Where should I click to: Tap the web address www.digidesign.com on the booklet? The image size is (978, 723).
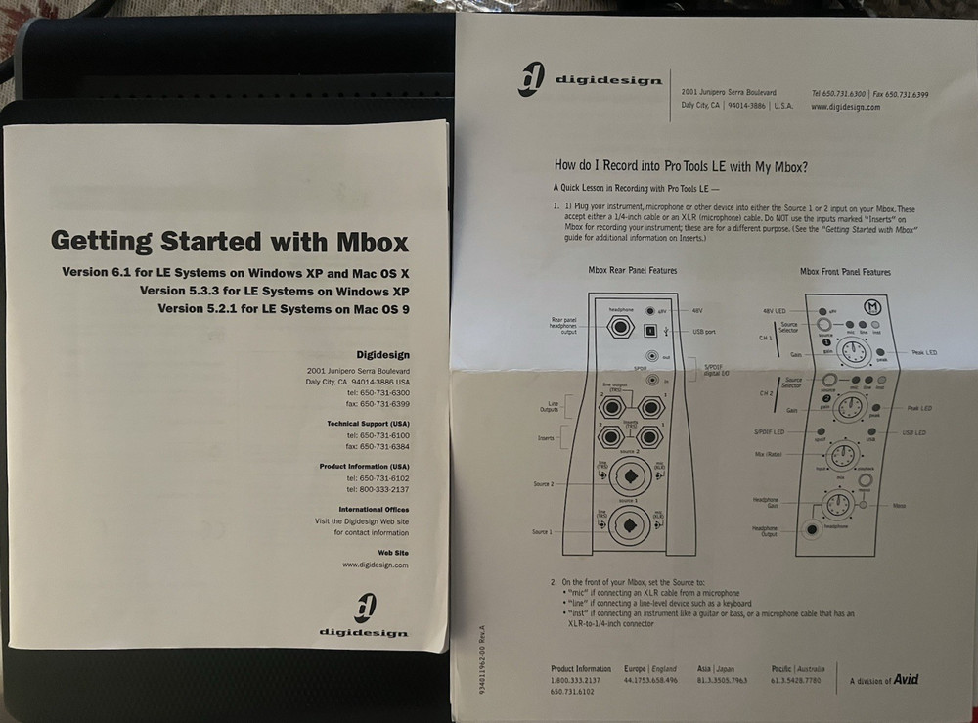click(x=375, y=565)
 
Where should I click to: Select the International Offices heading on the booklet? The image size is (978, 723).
click(x=374, y=509)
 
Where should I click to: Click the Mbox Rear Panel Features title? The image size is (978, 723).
click(x=632, y=270)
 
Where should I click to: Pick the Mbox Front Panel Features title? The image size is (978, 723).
click(x=845, y=271)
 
